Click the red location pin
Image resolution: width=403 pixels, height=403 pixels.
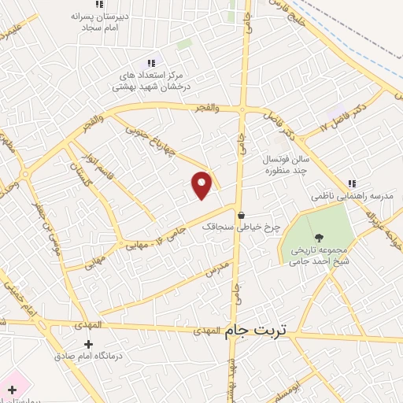tap(202, 184)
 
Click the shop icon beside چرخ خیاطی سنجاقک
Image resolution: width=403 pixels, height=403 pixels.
tap(242, 213)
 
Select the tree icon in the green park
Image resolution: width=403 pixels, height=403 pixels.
tap(319, 237)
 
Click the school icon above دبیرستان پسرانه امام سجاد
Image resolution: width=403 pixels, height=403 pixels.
tap(98, 5)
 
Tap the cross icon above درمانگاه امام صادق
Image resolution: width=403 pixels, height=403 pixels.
tap(88, 344)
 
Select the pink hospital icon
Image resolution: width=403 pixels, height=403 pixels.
tap(12, 390)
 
